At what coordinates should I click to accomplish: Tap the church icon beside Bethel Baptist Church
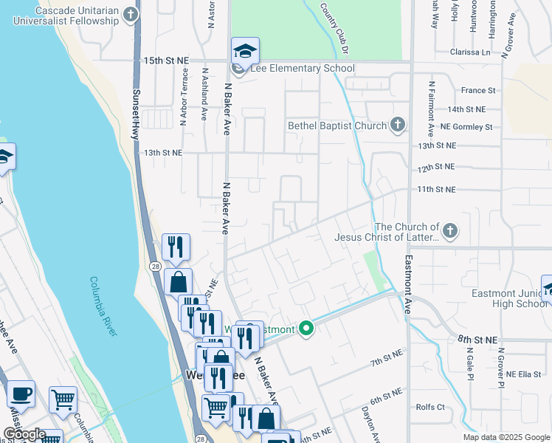click(x=398, y=125)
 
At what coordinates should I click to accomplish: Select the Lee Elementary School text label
click(x=303, y=69)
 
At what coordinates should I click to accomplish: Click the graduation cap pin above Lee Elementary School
click(x=245, y=52)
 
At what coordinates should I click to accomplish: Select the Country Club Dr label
click(x=333, y=27)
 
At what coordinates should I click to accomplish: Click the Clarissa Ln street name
click(x=470, y=52)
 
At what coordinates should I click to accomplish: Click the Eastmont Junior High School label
click(x=509, y=298)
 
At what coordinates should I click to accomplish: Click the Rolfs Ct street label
click(x=430, y=407)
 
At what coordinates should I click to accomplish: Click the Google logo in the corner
click(x=24, y=434)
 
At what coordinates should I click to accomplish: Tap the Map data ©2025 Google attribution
click(x=506, y=437)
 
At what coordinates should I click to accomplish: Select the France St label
click(x=477, y=90)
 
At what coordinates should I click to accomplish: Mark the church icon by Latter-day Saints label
click(x=449, y=232)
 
